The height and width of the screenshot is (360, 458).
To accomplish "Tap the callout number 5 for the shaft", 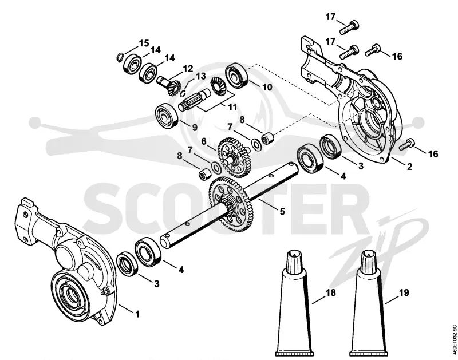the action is [282, 211].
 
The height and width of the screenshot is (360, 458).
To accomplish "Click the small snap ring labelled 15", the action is [119, 57].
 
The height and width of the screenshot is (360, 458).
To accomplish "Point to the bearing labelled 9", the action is [167, 115].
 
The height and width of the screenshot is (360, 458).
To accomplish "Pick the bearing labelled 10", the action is [237, 74].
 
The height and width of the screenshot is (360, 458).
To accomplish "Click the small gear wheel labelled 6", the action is [234, 157].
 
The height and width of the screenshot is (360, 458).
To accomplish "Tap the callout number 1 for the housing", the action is [137, 314].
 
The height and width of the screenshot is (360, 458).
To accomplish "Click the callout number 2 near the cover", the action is [409, 167].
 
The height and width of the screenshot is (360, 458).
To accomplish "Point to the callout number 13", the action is [201, 77].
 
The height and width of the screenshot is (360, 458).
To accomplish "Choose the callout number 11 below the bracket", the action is [232, 107].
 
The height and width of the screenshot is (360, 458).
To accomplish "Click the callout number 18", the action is [331, 292].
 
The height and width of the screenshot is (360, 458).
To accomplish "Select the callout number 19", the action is [404, 292].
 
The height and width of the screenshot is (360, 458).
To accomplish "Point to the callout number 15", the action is [144, 43].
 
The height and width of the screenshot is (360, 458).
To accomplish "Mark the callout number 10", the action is [267, 87].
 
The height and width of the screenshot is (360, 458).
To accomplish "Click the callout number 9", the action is [194, 127].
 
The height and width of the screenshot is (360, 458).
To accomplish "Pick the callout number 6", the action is [204, 141].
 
